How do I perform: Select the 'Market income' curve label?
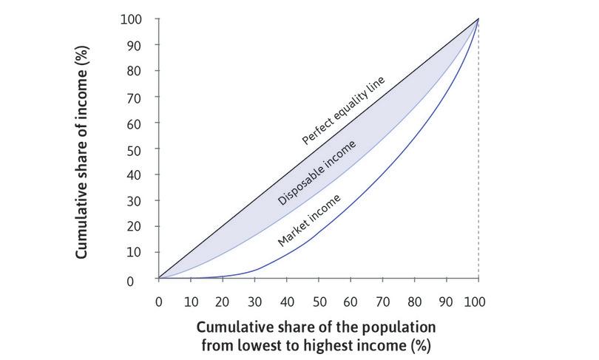(x=310, y=219)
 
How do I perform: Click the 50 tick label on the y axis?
(x=135, y=149)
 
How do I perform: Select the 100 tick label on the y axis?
(x=132, y=19)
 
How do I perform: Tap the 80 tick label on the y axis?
(x=135, y=71)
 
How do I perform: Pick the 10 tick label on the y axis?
(x=135, y=252)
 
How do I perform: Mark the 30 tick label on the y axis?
(x=135, y=200)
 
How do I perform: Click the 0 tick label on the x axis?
(x=158, y=302)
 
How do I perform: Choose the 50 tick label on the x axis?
(x=318, y=302)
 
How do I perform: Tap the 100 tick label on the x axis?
(x=478, y=302)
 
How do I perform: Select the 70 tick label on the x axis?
(x=382, y=302)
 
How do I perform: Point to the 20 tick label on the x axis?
(x=222, y=302)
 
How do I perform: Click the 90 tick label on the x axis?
(x=446, y=302)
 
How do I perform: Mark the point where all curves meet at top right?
(x=478, y=19)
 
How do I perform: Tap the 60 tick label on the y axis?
(x=135, y=123)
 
